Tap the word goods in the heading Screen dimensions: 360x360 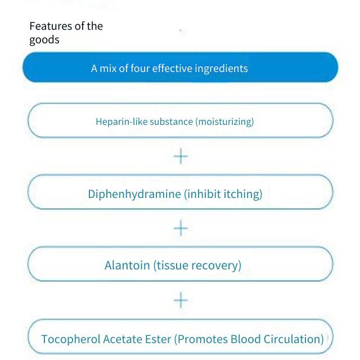[44, 40]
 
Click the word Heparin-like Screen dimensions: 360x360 [121, 121]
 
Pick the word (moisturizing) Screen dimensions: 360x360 [224, 121]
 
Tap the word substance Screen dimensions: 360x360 [171, 121]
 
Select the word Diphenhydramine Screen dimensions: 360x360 [134, 194]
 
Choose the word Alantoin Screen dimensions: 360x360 [127, 265]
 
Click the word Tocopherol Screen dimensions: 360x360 [71, 339]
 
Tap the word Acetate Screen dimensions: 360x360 [123, 339]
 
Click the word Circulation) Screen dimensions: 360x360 [294, 339]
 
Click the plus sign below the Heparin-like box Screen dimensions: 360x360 [181, 156]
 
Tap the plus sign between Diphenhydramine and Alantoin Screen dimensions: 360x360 [181, 228]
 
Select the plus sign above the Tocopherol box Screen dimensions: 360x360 [181, 300]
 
